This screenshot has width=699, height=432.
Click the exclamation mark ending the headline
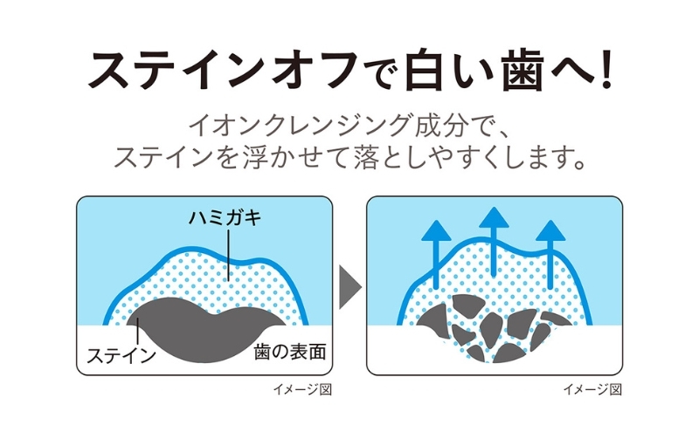click(x=602, y=70)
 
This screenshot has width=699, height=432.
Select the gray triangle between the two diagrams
click(x=349, y=285)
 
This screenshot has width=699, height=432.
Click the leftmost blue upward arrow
click(x=433, y=249)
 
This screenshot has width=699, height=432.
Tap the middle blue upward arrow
click(x=494, y=240)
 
